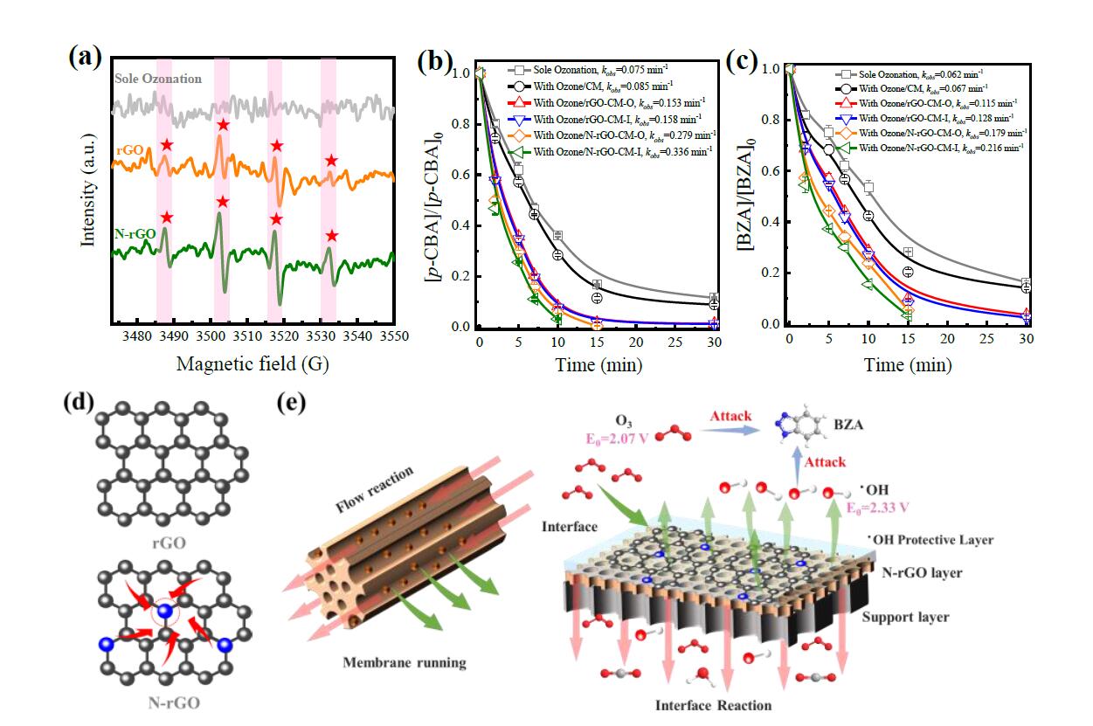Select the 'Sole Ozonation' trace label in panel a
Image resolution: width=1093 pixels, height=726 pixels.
click(x=158, y=79)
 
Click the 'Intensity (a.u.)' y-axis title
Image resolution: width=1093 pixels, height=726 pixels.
click(x=87, y=192)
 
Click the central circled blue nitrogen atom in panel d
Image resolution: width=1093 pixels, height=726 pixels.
click(x=164, y=609)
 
